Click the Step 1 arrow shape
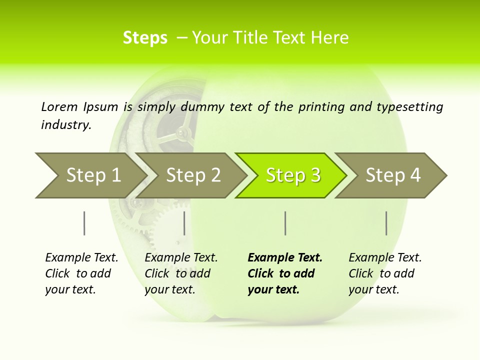tap(90, 175)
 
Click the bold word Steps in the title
tap(145, 38)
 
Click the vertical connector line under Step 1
tap(84, 223)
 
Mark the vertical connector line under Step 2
tap(184, 223)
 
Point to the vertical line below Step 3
tap(285, 223)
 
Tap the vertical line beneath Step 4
tap(386, 223)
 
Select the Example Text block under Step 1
tap(81, 273)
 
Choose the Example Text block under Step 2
tap(181, 273)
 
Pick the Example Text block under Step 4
tap(385, 273)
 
